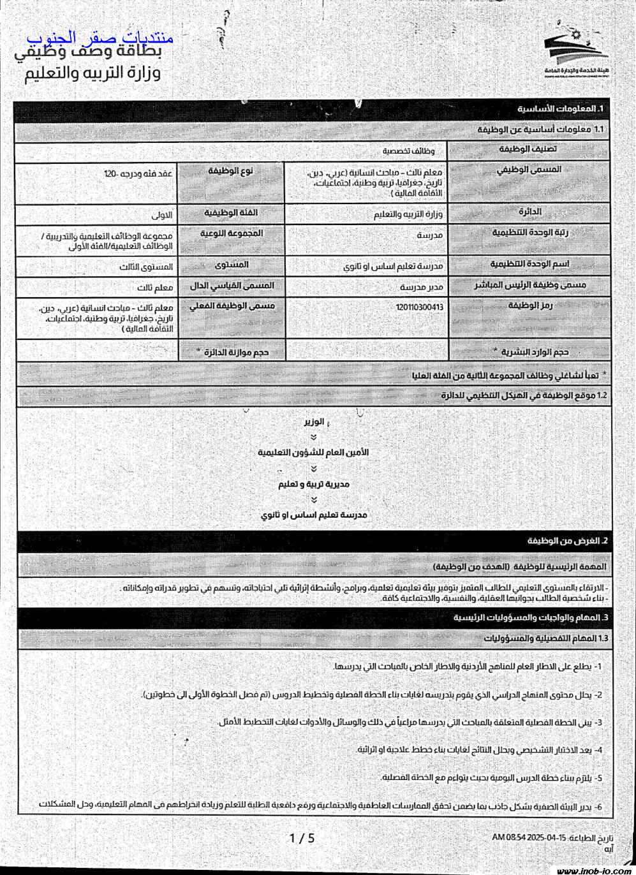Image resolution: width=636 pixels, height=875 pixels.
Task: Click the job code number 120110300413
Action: pyautogui.click(x=419, y=307)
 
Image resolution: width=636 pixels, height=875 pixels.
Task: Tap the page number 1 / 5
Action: pyautogui.click(x=302, y=838)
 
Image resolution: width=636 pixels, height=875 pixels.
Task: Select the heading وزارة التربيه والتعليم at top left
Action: pyautogui.click(x=93, y=73)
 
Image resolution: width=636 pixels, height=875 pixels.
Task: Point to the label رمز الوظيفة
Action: pyautogui.click(x=530, y=305)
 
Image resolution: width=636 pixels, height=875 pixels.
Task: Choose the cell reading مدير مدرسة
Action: pyautogui.click(x=421, y=287)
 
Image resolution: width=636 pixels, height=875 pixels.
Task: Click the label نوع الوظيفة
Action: pyautogui.click(x=231, y=171)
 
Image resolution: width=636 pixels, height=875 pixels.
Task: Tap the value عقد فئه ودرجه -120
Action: pyautogui.click(x=138, y=173)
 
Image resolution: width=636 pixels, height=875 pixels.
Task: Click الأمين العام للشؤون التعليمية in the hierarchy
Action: pyautogui.click(x=313, y=452)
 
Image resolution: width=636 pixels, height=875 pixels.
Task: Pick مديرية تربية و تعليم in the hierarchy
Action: pyautogui.click(x=313, y=484)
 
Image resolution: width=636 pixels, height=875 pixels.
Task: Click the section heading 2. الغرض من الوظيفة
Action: pyautogui.click(x=568, y=541)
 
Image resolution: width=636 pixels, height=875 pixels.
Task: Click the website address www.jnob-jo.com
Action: pyautogui.click(x=594, y=870)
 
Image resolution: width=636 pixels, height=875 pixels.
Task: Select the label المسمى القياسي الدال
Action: pyautogui.click(x=232, y=286)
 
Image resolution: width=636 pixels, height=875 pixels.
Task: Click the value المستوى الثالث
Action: pyautogui.click(x=146, y=267)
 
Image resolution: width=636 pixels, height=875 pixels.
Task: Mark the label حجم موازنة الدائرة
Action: pyautogui.click(x=232, y=352)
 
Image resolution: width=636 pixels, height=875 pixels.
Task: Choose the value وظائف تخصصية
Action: pyautogui.click(x=409, y=151)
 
